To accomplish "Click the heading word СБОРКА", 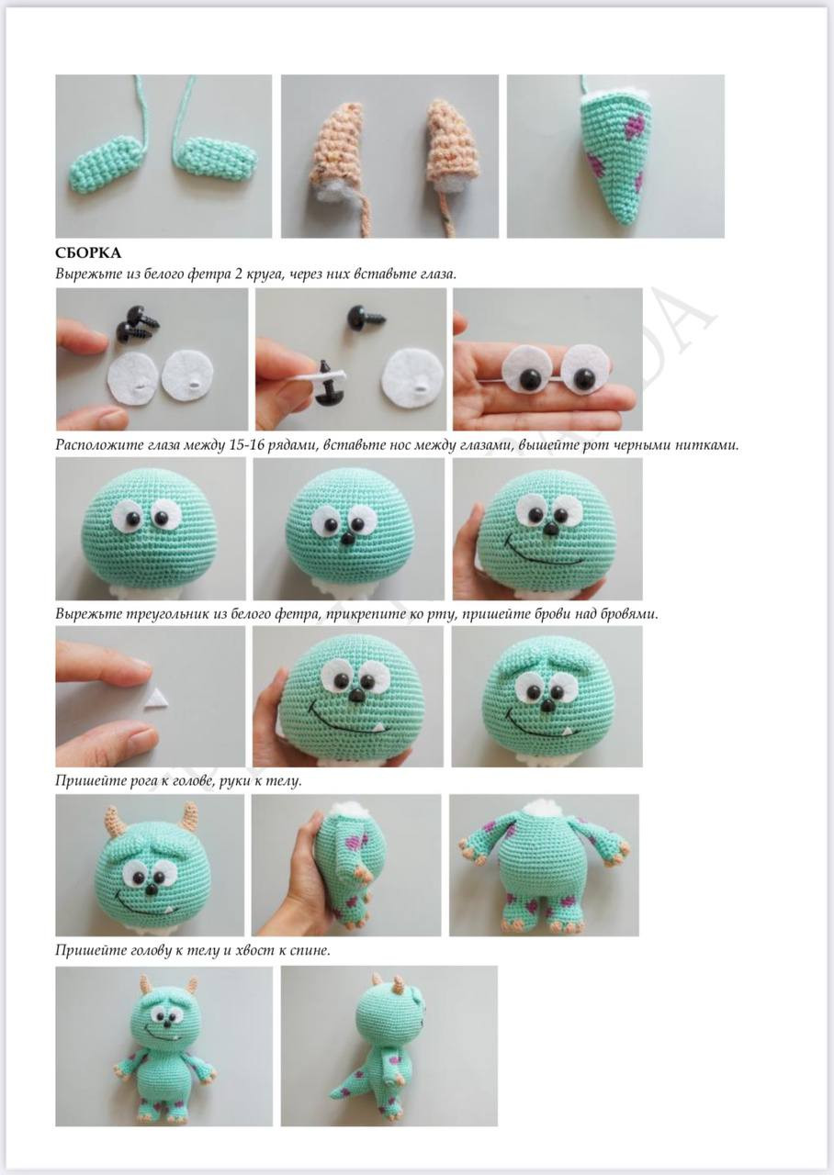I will (x=88, y=252).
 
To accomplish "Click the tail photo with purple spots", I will (x=614, y=156).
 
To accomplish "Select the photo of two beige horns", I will (x=389, y=156).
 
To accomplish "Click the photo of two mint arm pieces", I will (x=163, y=156).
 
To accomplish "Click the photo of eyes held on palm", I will (x=547, y=360).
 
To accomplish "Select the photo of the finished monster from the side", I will (x=389, y=1046).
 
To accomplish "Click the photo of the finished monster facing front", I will (x=163, y=1046).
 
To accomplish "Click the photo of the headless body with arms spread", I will (x=544, y=865).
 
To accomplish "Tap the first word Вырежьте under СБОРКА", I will (x=86, y=274).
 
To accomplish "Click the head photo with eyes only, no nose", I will (x=151, y=528).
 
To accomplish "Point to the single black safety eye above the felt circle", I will (x=355, y=317).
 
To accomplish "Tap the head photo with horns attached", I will (x=150, y=865).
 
